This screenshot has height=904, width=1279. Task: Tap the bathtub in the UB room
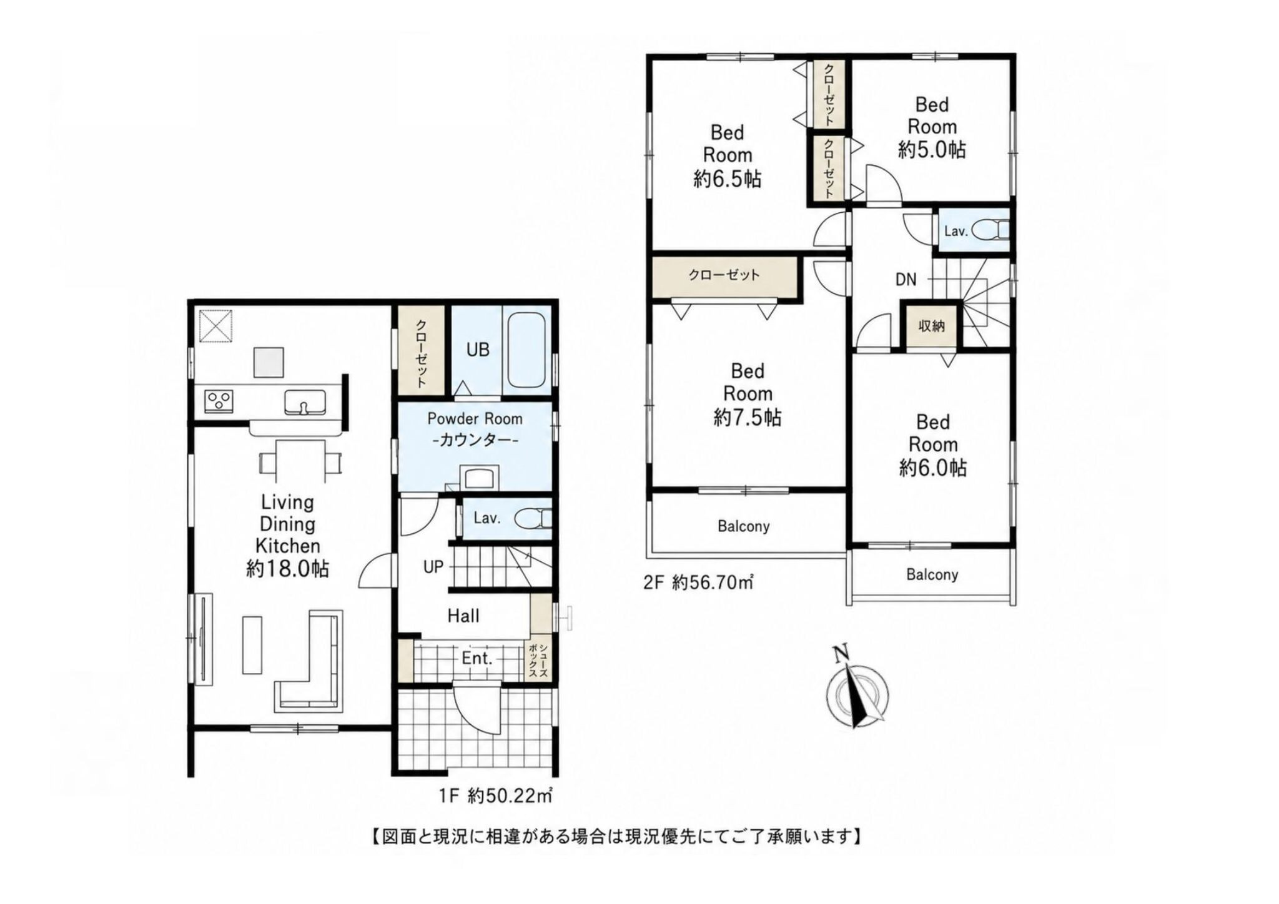tap(527, 350)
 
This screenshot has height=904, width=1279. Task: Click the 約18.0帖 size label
tap(287, 568)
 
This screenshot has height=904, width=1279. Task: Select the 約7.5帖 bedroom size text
tap(747, 417)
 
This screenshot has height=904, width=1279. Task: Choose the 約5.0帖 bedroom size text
tap(932, 150)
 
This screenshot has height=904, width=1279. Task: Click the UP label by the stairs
tap(433, 567)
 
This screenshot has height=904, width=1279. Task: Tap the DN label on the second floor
tap(906, 280)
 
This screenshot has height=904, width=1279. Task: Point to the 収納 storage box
tap(931, 325)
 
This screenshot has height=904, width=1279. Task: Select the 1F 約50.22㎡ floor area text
tap(495, 796)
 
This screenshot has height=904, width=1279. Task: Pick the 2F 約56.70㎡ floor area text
tap(698, 583)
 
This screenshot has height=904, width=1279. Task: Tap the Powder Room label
tap(475, 418)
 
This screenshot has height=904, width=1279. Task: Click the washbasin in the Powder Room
tap(479, 478)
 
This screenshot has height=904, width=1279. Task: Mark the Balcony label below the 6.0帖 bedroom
tap(932, 574)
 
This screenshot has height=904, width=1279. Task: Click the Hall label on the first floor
tap(463, 616)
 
